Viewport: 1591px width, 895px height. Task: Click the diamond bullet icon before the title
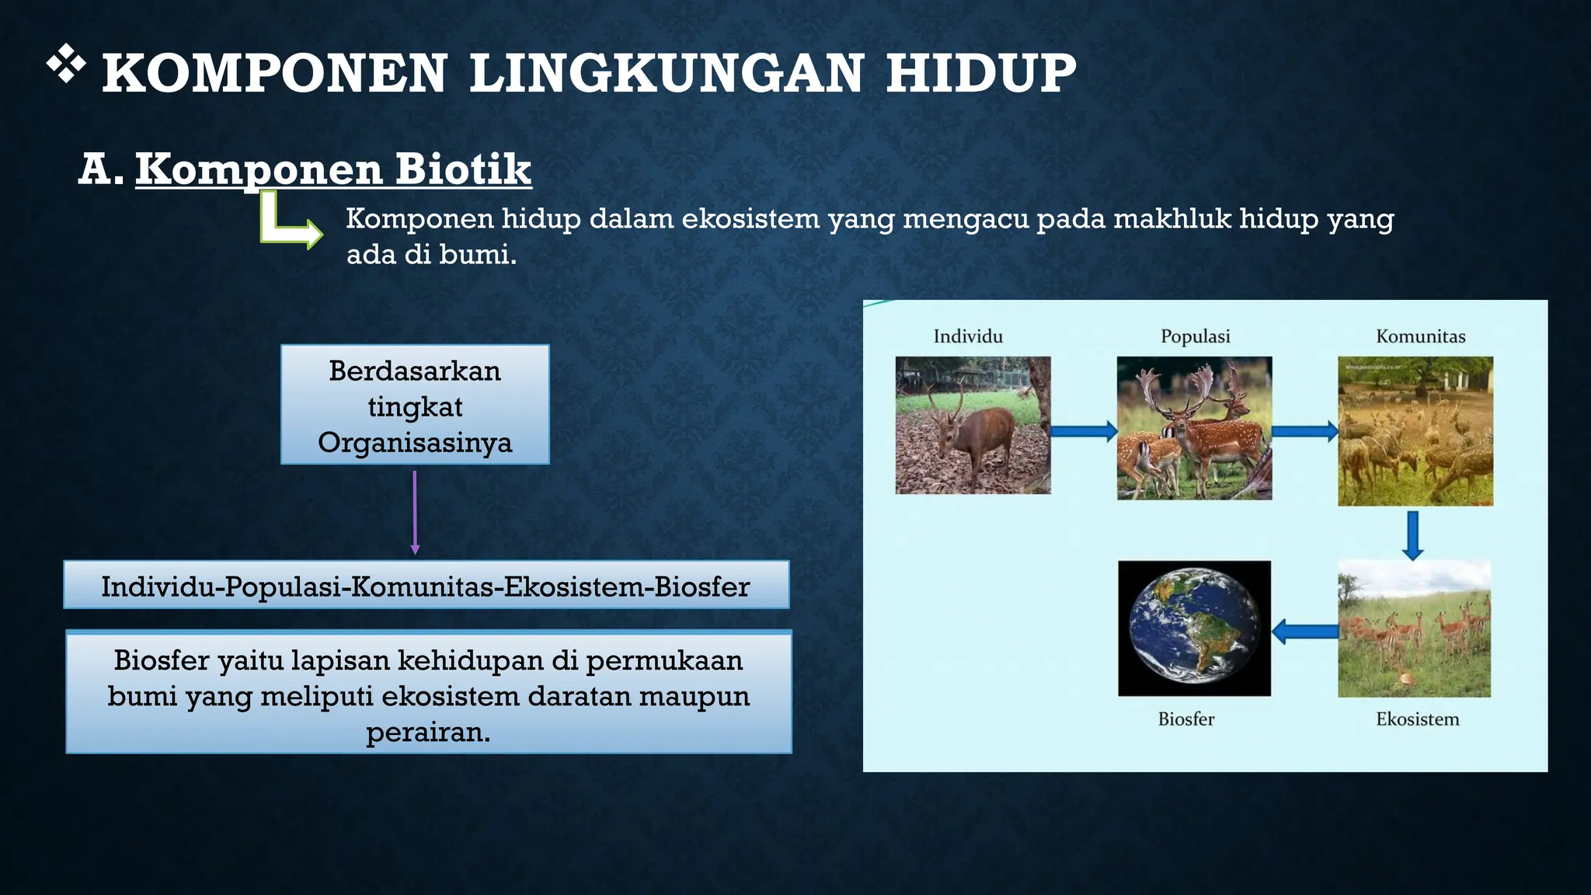point(66,64)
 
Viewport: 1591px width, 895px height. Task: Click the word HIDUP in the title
point(980,74)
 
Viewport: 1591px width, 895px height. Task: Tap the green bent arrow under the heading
point(287,225)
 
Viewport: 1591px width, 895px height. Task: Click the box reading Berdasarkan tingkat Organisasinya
point(415,405)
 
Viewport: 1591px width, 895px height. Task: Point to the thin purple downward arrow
point(415,513)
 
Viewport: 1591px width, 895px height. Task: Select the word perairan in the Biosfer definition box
point(428,732)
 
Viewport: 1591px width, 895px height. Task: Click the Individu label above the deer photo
point(968,336)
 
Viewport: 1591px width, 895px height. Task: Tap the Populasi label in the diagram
point(1195,336)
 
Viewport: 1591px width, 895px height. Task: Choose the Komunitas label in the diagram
point(1420,336)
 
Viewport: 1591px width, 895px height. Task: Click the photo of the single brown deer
point(973,425)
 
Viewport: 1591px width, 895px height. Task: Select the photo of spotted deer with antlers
point(1194,427)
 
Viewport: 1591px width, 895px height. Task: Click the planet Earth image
point(1194,628)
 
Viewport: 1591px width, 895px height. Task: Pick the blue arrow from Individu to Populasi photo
point(1084,430)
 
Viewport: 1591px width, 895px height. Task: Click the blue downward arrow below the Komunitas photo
point(1413,535)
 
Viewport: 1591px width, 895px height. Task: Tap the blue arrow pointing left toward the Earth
point(1305,631)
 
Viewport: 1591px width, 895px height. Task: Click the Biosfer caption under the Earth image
point(1185,719)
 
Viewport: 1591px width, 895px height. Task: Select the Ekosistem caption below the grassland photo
point(1417,719)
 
